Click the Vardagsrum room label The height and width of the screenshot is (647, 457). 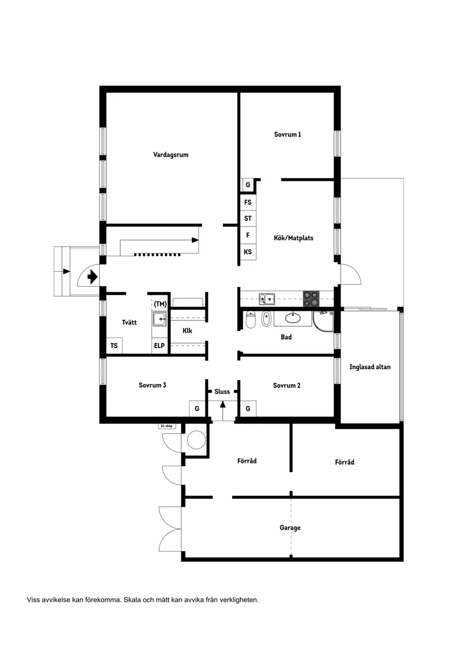[x=171, y=155]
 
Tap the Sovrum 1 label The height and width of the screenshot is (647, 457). [x=287, y=134]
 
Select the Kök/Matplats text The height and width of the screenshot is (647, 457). [x=293, y=238]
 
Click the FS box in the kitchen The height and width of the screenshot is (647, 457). [x=248, y=202]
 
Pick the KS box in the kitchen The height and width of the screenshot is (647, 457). [x=248, y=252]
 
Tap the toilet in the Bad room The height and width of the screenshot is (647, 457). [x=250, y=319]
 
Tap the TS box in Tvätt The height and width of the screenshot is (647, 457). [x=114, y=346]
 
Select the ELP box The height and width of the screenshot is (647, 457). [x=160, y=346]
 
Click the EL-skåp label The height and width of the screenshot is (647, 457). [x=166, y=426]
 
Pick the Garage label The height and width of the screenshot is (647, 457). [x=290, y=528]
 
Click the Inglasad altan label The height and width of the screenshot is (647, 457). [x=370, y=367]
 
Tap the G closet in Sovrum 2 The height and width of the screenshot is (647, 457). [x=248, y=409]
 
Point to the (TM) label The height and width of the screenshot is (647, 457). [x=161, y=304]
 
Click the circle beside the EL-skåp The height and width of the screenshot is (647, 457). [x=196, y=440]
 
